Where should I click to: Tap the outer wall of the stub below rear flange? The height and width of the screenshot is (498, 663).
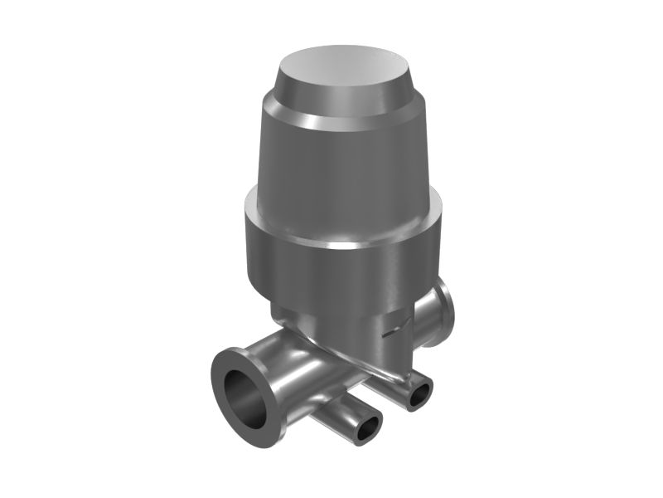coord(410,382)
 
